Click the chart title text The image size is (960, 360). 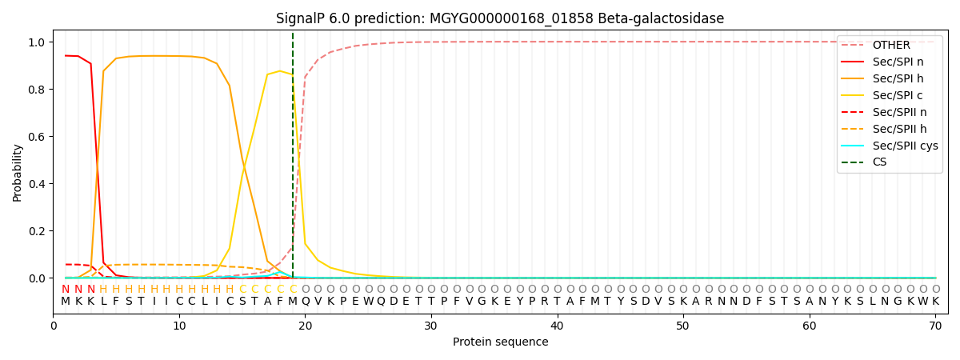[500, 18]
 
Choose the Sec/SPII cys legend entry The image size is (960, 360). [890, 146]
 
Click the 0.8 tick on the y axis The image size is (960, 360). [37, 90]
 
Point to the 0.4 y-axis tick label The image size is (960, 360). [37, 184]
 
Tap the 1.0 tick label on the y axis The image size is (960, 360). [37, 42]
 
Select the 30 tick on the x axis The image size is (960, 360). [430, 326]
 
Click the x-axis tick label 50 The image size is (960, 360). [682, 326]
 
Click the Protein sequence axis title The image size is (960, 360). [500, 342]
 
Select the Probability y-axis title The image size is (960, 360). [17, 173]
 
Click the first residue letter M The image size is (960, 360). [66, 302]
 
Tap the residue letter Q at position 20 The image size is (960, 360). [305, 302]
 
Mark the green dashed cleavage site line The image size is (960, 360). [293, 155]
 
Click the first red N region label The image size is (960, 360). [66, 290]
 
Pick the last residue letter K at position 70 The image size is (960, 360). [935, 302]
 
